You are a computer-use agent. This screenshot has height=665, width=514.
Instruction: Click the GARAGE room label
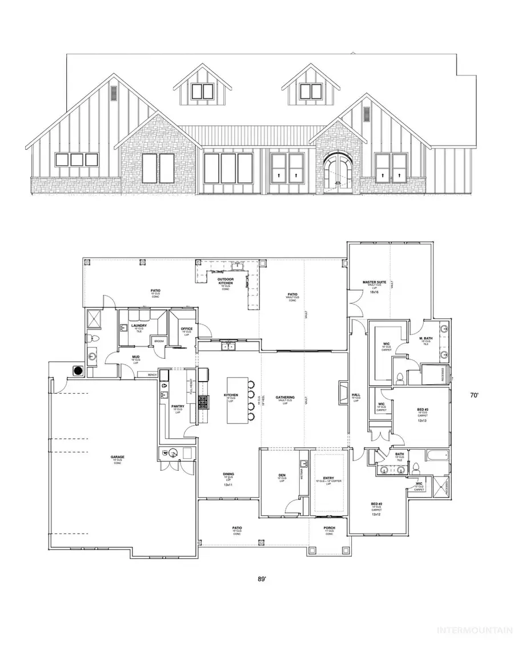[118, 456]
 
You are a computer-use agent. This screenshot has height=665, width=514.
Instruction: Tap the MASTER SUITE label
[372, 282]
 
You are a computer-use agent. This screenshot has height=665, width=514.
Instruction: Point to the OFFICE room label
[187, 329]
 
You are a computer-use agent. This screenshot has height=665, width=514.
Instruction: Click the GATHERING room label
[284, 396]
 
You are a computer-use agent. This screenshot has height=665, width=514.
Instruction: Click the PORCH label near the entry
[328, 527]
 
